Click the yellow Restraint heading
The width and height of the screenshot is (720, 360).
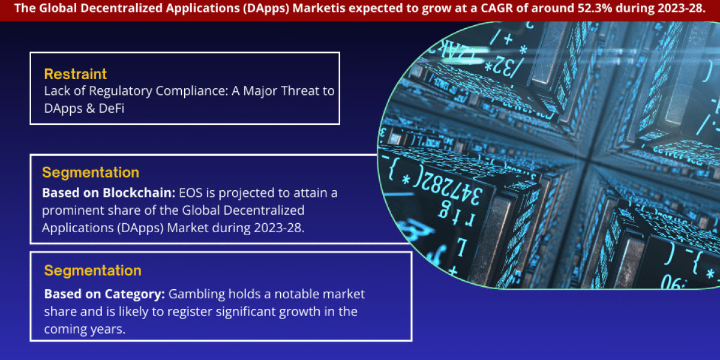[76, 74]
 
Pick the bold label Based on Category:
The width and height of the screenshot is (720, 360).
[105, 295]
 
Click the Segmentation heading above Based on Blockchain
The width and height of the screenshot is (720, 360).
[91, 173]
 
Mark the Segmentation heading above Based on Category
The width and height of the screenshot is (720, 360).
[93, 271]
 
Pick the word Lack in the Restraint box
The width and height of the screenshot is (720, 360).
[56, 91]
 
